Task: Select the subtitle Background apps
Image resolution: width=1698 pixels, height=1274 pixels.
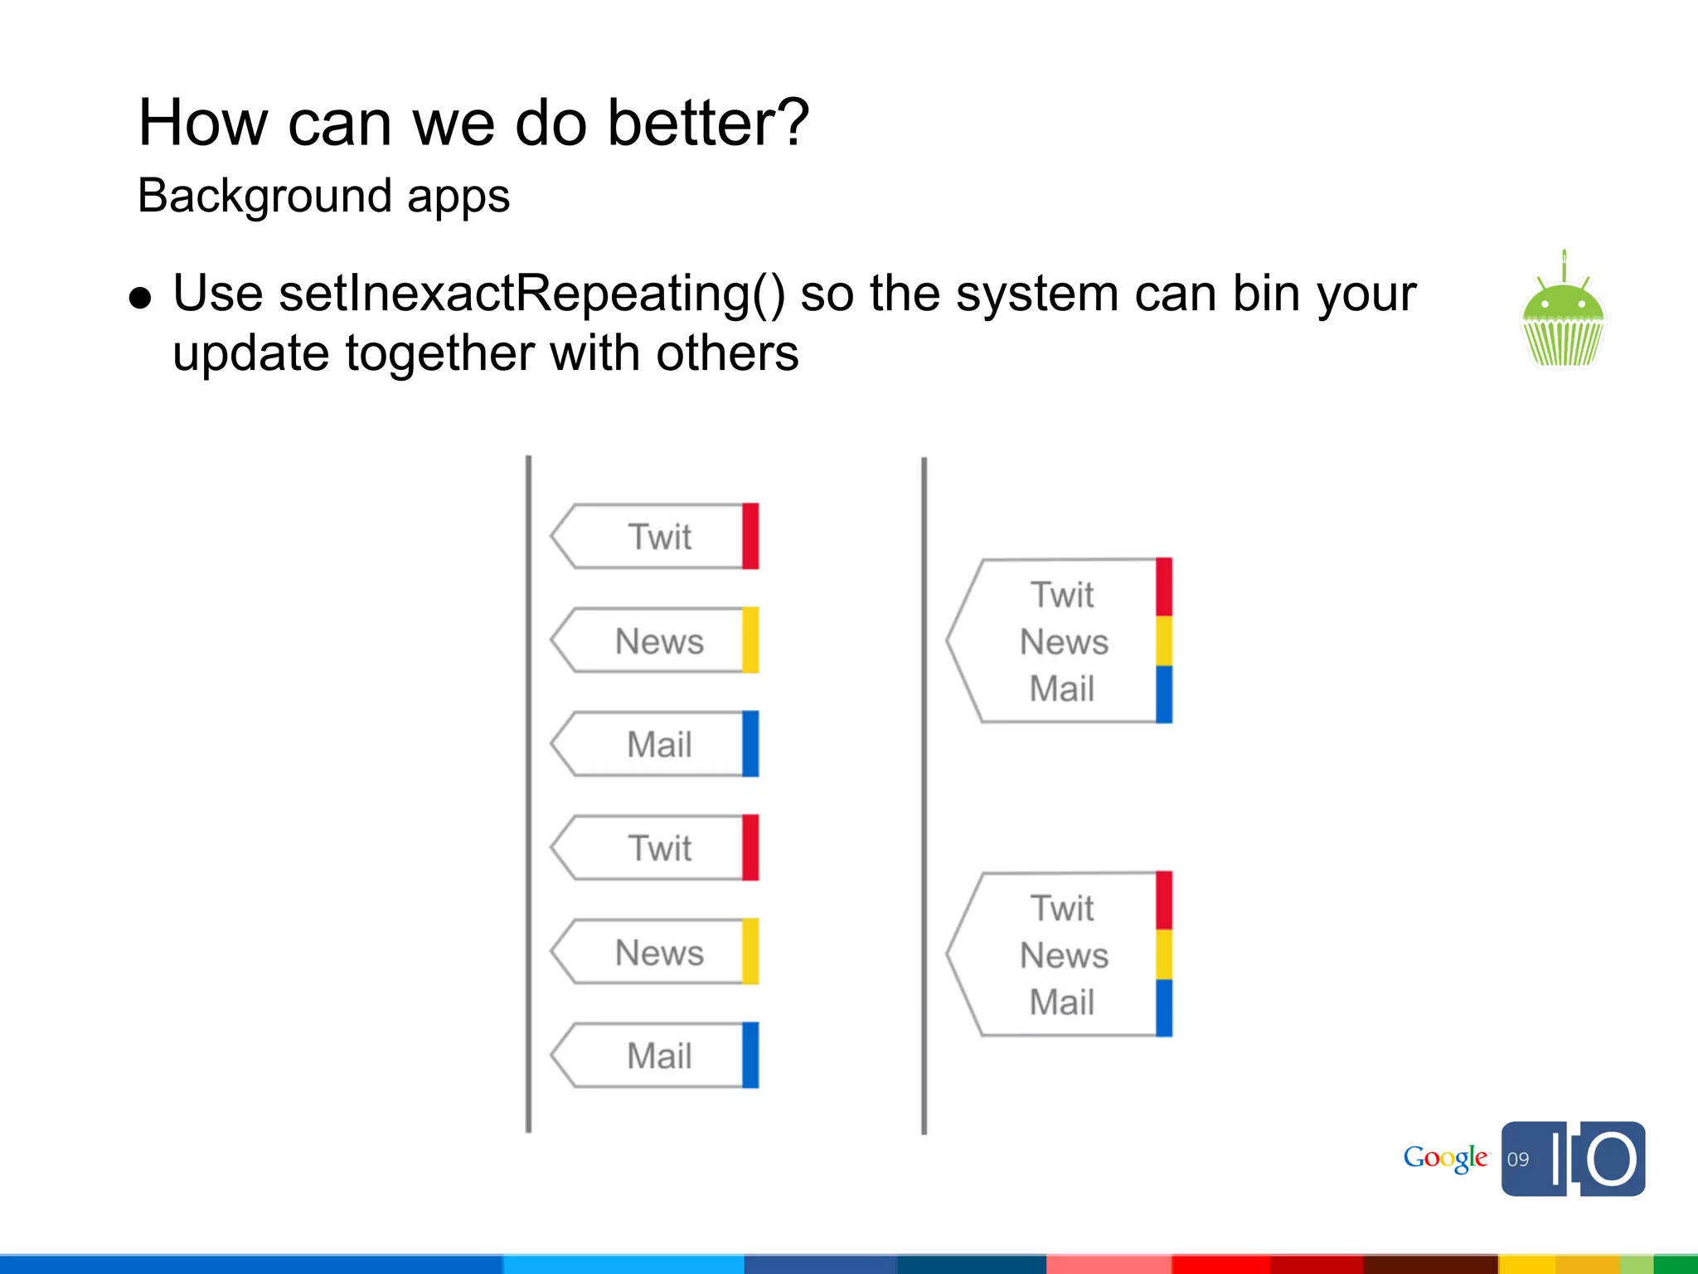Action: click(323, 197)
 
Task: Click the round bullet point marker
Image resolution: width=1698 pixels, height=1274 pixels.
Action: click(141, 298)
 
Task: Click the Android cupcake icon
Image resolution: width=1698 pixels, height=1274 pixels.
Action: click(1563, 315)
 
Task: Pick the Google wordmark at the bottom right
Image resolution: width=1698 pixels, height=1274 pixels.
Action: click(1445, 1159)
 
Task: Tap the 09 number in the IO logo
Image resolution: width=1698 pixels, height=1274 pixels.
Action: click(1518, 1160)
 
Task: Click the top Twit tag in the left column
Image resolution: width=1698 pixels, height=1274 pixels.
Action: click(658, 537)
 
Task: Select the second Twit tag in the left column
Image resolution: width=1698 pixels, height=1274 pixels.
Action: click(658, 848)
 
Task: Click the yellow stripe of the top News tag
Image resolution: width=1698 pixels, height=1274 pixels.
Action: click(750, 640)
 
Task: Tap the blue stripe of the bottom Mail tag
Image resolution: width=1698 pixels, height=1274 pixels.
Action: click(750, 1055)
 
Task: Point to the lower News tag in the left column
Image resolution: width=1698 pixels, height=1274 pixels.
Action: click(658, 952)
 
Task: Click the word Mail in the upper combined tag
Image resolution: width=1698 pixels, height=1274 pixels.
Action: click(1062, 688)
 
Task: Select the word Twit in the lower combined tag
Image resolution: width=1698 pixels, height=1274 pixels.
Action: click(1062, 908)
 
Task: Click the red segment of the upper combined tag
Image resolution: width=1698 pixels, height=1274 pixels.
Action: click(1164, 586)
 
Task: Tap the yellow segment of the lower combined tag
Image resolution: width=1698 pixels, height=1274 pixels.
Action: click(1164, 954)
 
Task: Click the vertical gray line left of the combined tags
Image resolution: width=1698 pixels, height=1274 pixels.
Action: click(924, 796)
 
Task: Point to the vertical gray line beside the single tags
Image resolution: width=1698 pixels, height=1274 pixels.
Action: click(528, 796)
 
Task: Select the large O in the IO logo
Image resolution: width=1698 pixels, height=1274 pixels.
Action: click(1612, 1159)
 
